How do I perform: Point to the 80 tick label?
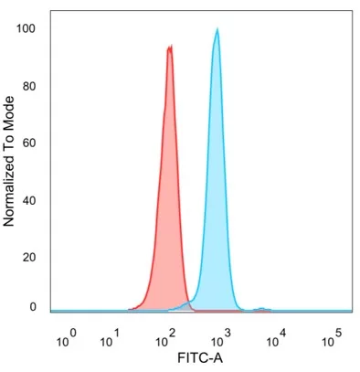29,86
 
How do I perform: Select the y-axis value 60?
29,143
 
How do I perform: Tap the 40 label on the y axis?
29,200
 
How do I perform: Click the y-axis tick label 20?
29,257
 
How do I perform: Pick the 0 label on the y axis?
32,307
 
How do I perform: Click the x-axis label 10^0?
68,339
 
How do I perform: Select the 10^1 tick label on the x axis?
111,339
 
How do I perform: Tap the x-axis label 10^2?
168,339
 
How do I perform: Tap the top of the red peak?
169,48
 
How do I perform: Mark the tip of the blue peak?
217,29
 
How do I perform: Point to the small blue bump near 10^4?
261,309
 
